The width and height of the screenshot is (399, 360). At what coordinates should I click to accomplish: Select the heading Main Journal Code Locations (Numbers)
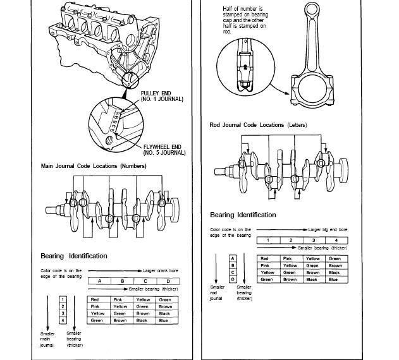[94, 166]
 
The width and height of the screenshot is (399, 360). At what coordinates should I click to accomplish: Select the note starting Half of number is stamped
[244, 20]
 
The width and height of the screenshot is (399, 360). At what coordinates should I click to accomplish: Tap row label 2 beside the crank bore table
[62, 306]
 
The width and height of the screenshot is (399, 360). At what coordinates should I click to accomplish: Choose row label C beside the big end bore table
[233, 272]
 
